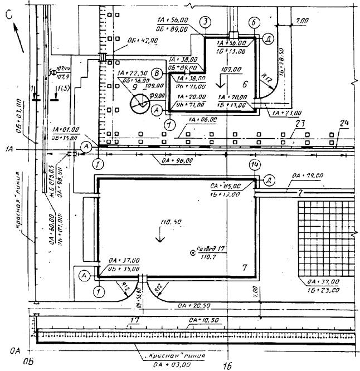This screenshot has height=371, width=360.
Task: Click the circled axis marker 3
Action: [206, 22]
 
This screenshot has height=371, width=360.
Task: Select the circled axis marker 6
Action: [253, 22]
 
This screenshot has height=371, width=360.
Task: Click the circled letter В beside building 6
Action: [158, 74]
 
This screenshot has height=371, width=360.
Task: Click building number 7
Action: [244, 269]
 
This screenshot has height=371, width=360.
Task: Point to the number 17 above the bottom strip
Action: [134, 320]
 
